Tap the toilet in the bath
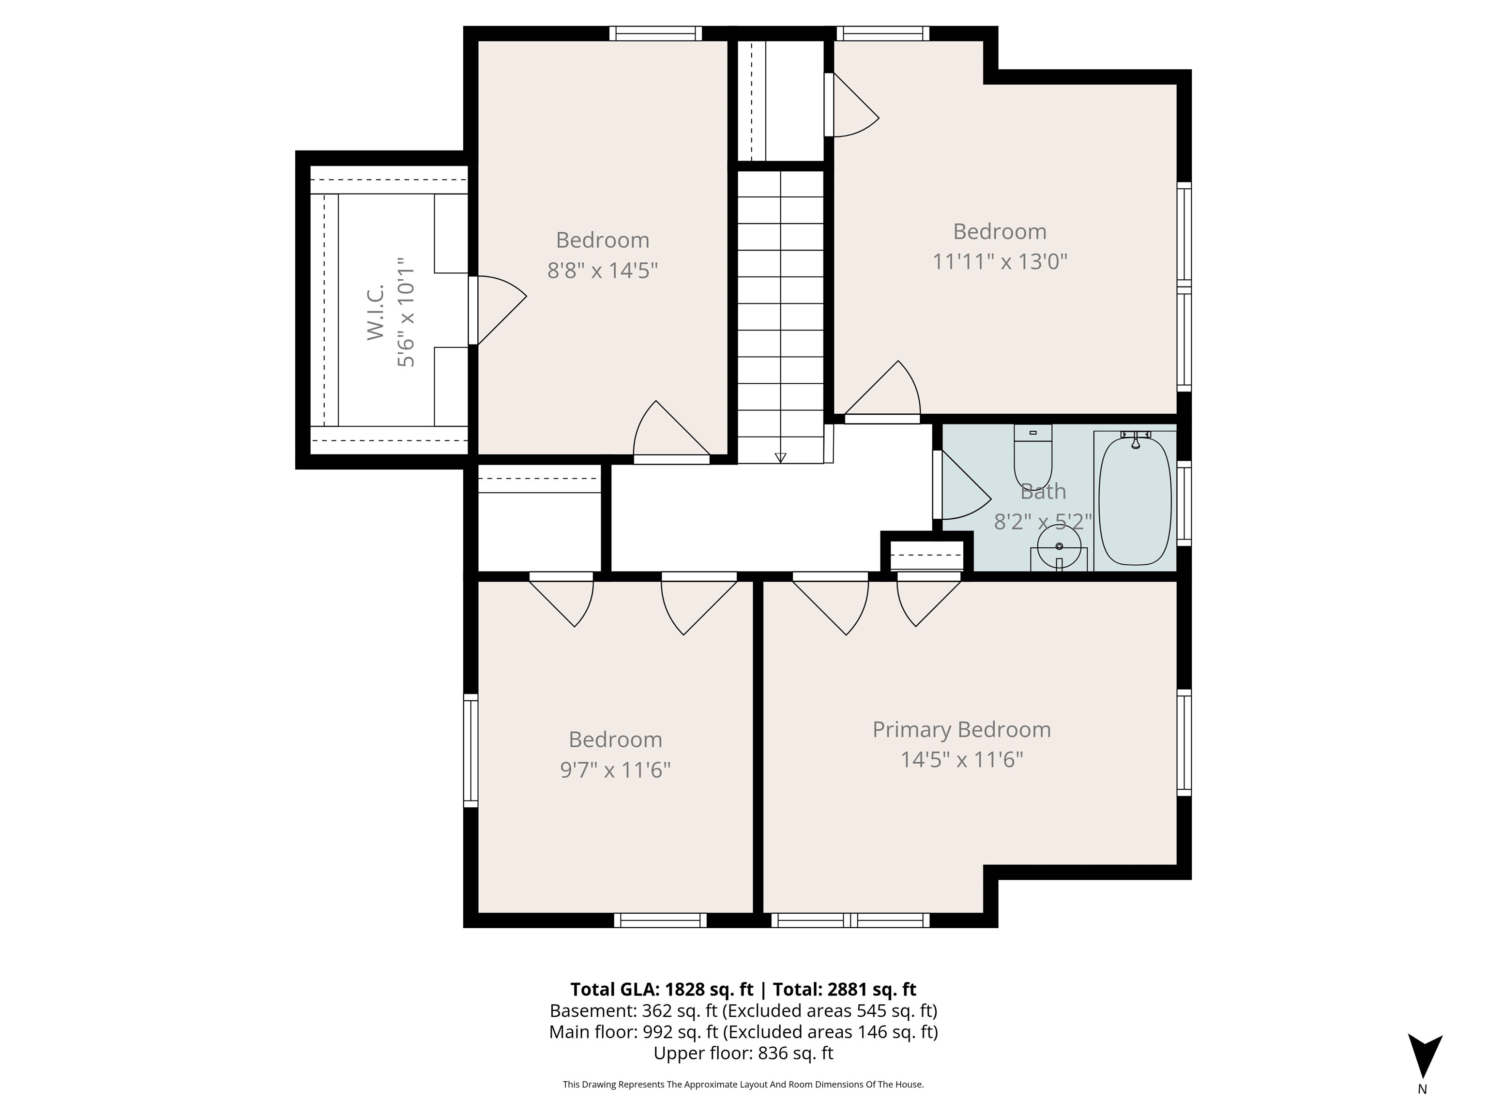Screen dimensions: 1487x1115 coord(1032,456)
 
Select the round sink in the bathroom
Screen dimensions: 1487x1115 coord(1059,547)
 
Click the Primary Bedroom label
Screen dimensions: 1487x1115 coord(961,729)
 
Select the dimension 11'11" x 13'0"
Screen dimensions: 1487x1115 coord(1000,261)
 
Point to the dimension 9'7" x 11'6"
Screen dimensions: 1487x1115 coord(615,769)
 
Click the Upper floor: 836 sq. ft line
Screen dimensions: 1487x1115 coord(743,1053)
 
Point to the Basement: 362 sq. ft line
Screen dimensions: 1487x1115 coord(743,1011)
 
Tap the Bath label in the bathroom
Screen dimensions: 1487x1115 coord(1043,491)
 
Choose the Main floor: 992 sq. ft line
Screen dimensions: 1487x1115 coord(743,1032)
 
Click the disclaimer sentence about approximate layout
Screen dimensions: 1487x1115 coord(743,1084)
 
